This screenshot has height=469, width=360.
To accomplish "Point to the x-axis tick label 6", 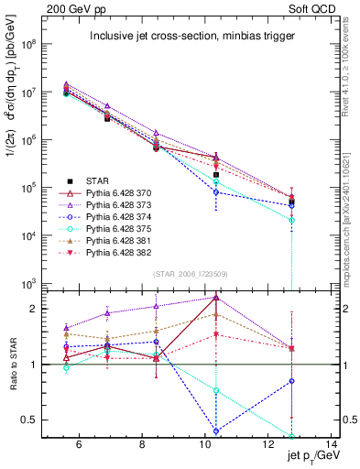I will (x=79, y=446).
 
